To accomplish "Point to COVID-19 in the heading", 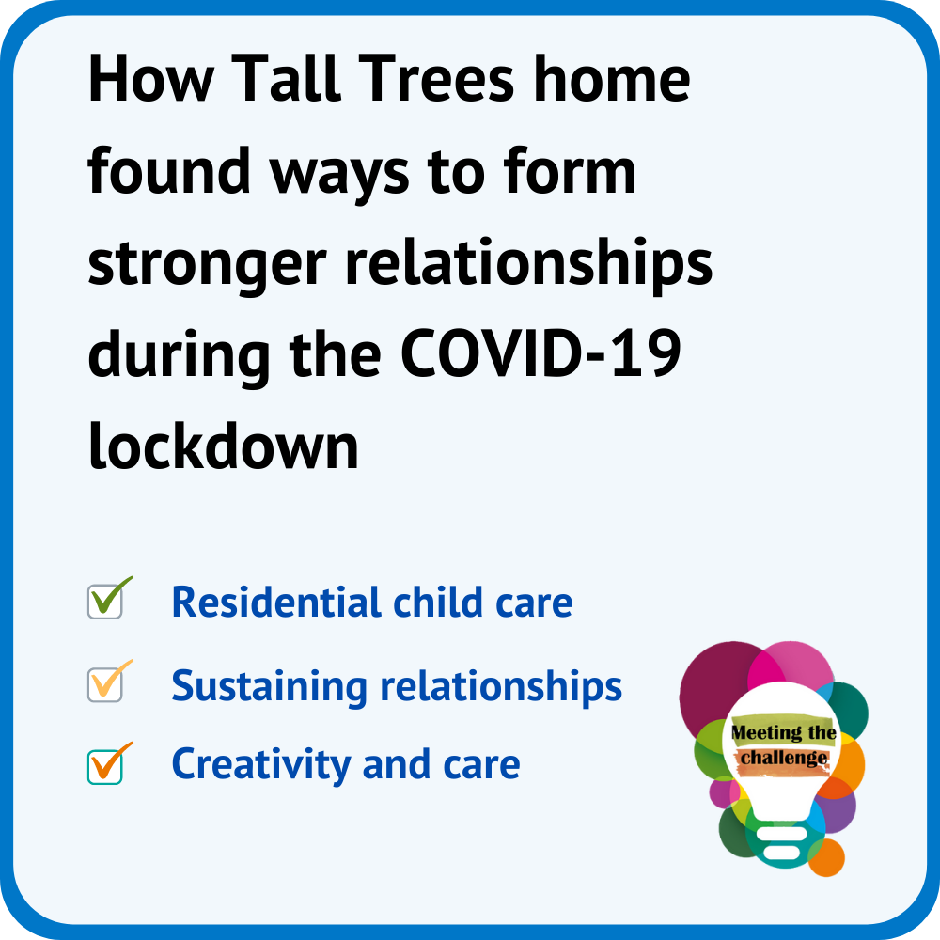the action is [x=540, y=353].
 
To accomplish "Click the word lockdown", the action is [x=223, y=446].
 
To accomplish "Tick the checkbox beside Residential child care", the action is [x=105, y=602].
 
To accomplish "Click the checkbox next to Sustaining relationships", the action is [x=105, y=684].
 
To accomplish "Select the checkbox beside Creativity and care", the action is [x=105, y=767].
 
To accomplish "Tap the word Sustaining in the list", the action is [x=269, y=686].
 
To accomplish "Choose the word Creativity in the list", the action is [x=261, y=765].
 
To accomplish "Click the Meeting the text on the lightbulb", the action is [x=784, y=732].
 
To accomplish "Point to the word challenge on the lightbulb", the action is [x=784, y=758].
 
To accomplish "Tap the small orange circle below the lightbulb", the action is [x=826, y=858].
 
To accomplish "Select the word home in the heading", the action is [x=612, y=79].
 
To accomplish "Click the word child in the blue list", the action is [x=438, y=602].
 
